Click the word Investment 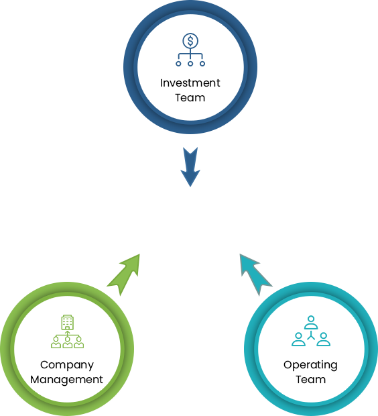tap(190, 83)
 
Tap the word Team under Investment tap(190, 98)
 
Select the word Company tap(67, 365)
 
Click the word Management tap(66, 380)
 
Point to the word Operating tap(310, 365)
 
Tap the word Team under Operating tap(311, 379)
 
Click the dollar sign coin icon tap(190, 41)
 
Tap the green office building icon tap(67, 322)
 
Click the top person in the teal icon tap(311, 322)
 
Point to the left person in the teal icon tap(298, 340)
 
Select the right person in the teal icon tap(324, 340)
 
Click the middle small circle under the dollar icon tap(190, 64)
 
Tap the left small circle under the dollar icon tap(178, 64)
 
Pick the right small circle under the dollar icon tap(202, 64)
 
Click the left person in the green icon tap(56, 342)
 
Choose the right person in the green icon tap(79, 342)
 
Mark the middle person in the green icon tap(68, 342)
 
